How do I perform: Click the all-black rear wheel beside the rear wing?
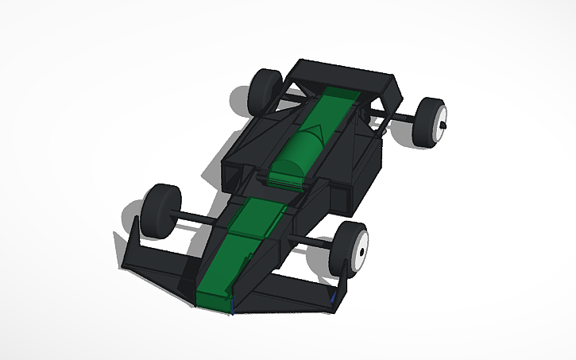pos(265,91)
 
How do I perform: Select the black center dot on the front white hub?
pos(361,252)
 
